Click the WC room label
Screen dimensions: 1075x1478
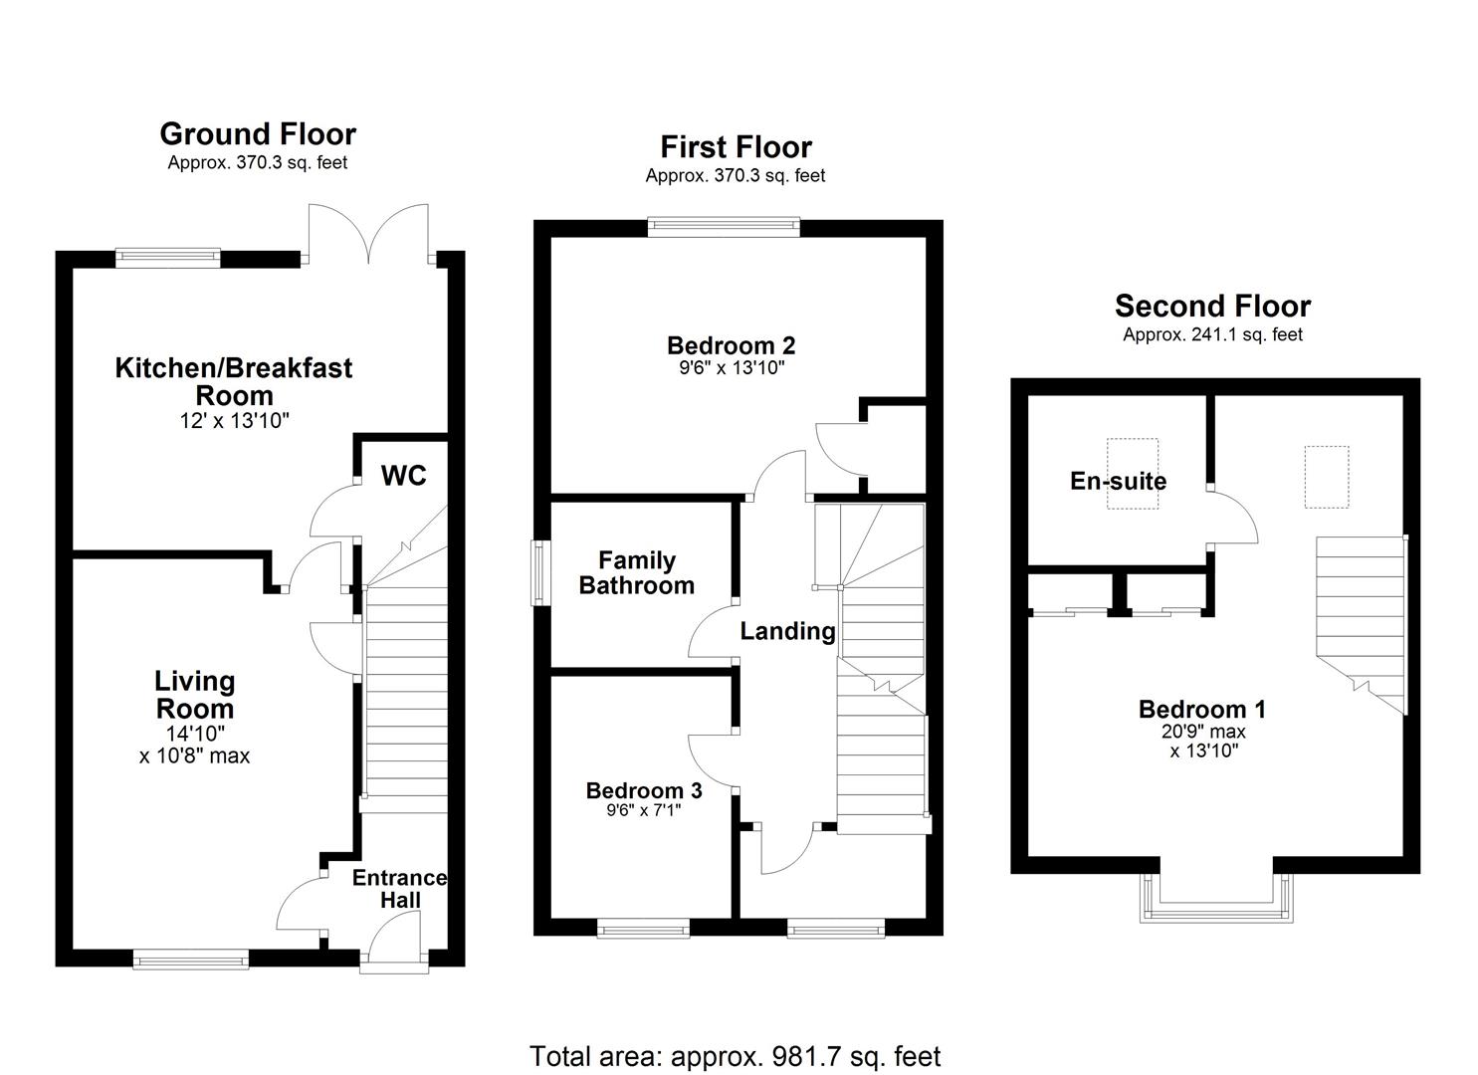click(403, 476)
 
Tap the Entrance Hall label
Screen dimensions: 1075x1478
click(399, 889)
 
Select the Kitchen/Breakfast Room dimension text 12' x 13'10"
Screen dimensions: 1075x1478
click(234, 421)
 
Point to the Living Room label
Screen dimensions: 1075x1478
click(194, 695)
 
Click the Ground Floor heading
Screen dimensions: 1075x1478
click(258, 133)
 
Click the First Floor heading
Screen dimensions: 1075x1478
click(736, 146)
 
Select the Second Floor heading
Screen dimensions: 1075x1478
click(1212, 306)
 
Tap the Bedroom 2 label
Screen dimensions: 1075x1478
click(731, 345)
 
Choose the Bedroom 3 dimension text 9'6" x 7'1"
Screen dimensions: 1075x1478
click(643, 810)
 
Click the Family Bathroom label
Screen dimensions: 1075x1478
click(637, 573)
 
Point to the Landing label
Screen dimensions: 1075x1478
click(787, 631)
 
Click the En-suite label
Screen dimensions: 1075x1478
click(1118, 481)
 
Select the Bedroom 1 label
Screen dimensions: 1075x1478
click(1201, 709)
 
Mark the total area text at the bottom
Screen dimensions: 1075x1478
click(735, 1056)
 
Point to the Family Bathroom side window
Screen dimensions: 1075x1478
click(540, 572)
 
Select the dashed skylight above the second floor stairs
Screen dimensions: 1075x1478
click(1327, 477)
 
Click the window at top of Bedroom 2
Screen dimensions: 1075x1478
click(724, 227)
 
